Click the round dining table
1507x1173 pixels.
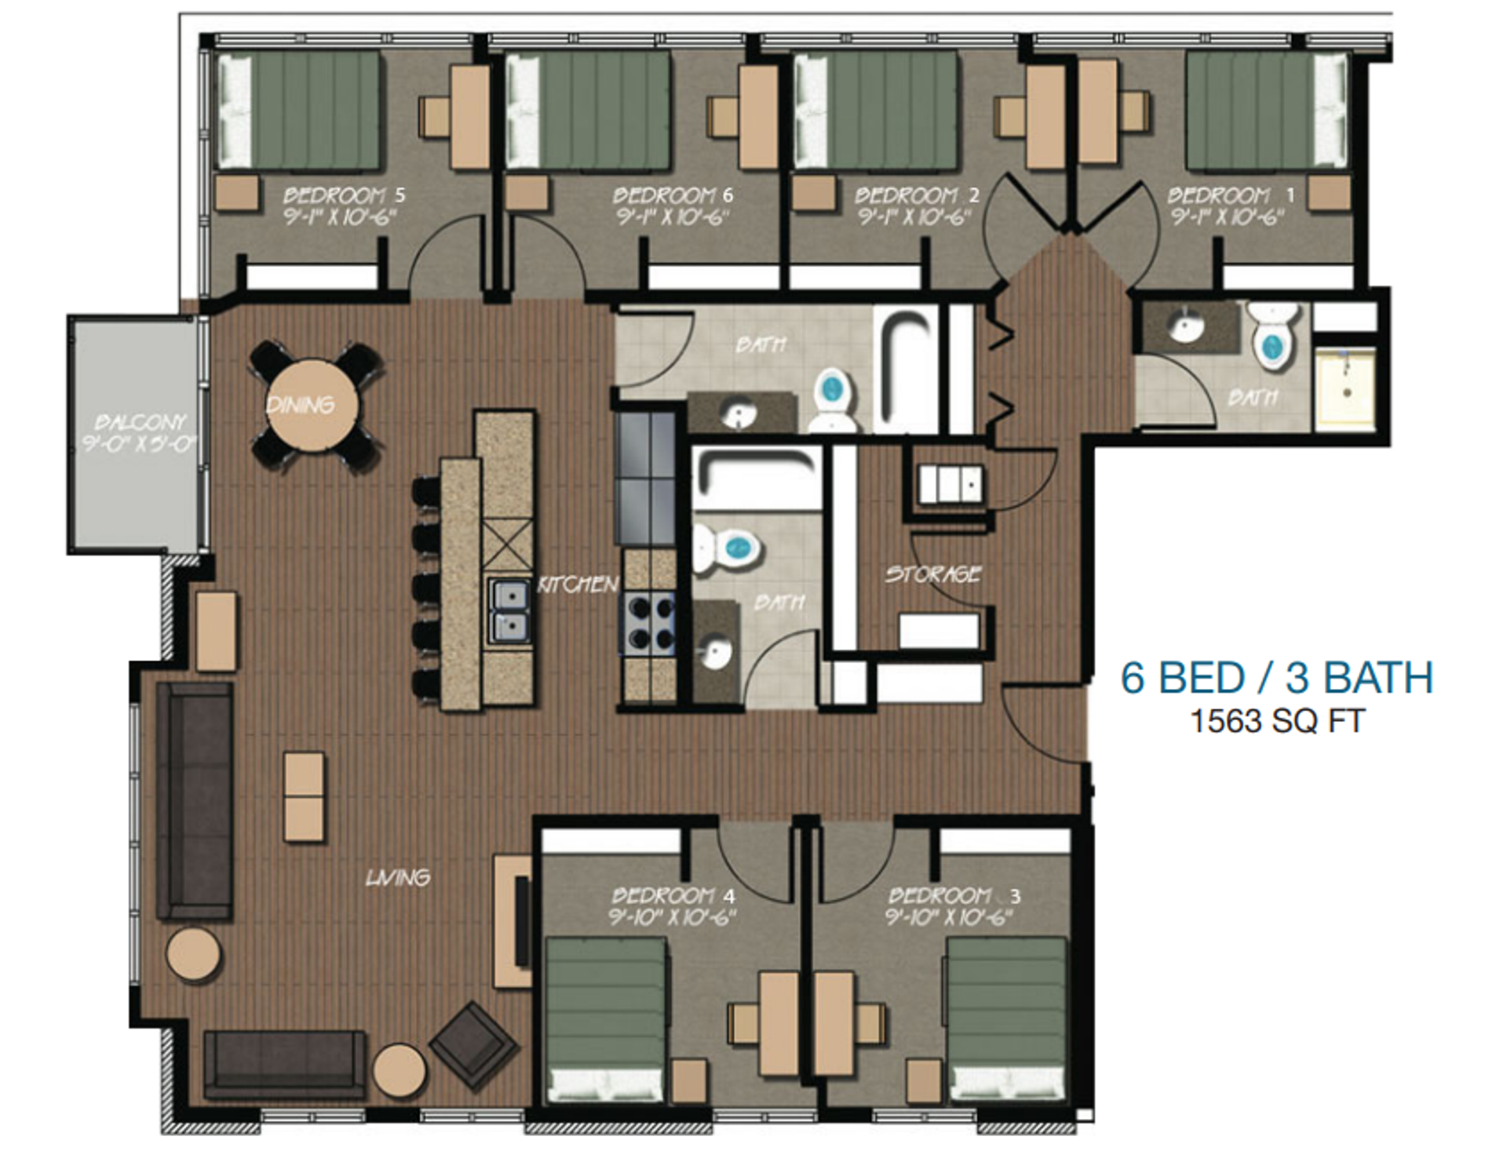(312, 406)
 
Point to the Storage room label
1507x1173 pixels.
(932, 574)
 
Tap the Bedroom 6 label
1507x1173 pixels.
(673, 195)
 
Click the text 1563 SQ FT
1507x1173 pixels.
(1277, 721)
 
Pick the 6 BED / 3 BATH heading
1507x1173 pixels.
(1276, 678)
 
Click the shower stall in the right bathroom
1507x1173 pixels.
(1345, 388)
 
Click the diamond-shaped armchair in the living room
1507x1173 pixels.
(473, 1044)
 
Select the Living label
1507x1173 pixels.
(397, 877)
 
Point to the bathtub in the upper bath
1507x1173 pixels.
(907, 369)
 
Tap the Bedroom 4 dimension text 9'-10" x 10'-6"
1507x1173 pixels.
(672, 916)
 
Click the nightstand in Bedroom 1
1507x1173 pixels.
(1329, 193)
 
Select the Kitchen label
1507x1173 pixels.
(578, 585)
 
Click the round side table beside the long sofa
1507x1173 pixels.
(193, 953)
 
